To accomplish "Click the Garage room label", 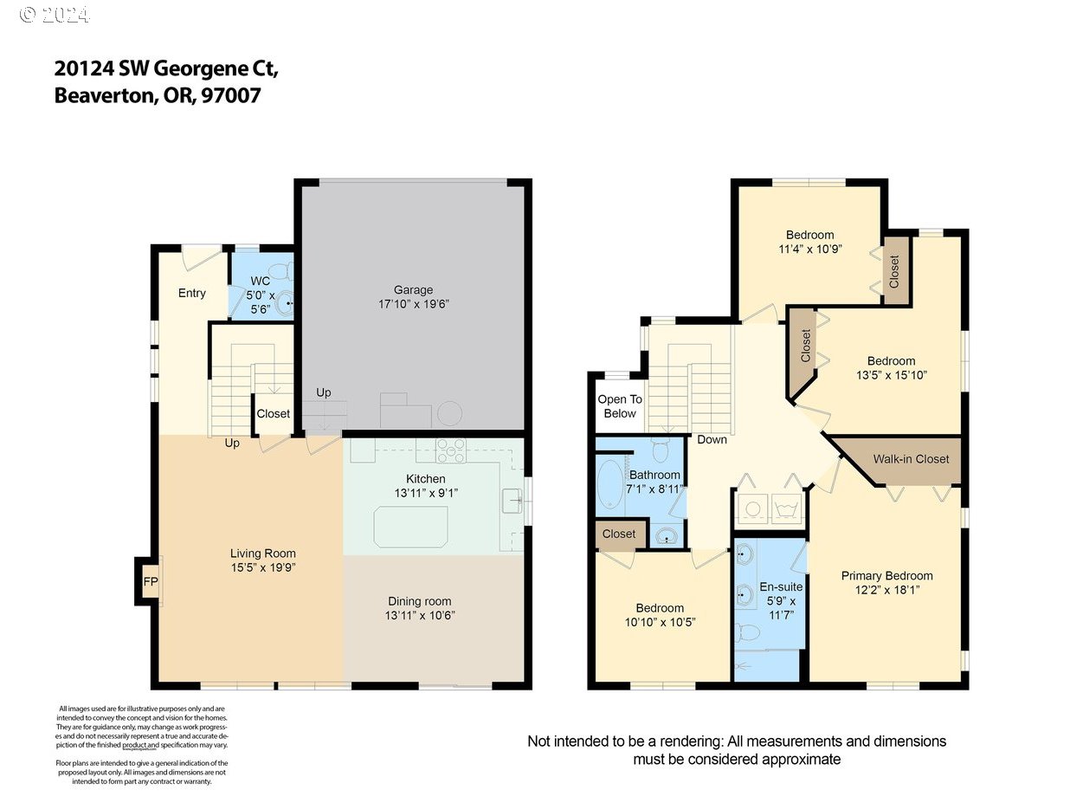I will click(412, 289).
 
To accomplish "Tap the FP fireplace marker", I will click(149, 581).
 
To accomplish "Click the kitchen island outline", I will click(410, 526).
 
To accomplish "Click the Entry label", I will click(191, 293).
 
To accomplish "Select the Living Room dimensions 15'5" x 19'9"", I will click(262, 568).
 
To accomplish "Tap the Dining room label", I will click(420, 601).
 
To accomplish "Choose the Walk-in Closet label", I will click(911, 459).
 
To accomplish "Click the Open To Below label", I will click(620, 406).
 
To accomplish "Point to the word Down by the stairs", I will click(712, 439).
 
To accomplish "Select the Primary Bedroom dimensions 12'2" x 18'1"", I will click(886, 590).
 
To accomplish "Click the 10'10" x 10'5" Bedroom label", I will click(660, 608).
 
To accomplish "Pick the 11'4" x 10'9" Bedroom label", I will click(809, 235).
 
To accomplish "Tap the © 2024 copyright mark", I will click(54, 15).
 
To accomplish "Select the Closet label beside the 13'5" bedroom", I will click(806, 345).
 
